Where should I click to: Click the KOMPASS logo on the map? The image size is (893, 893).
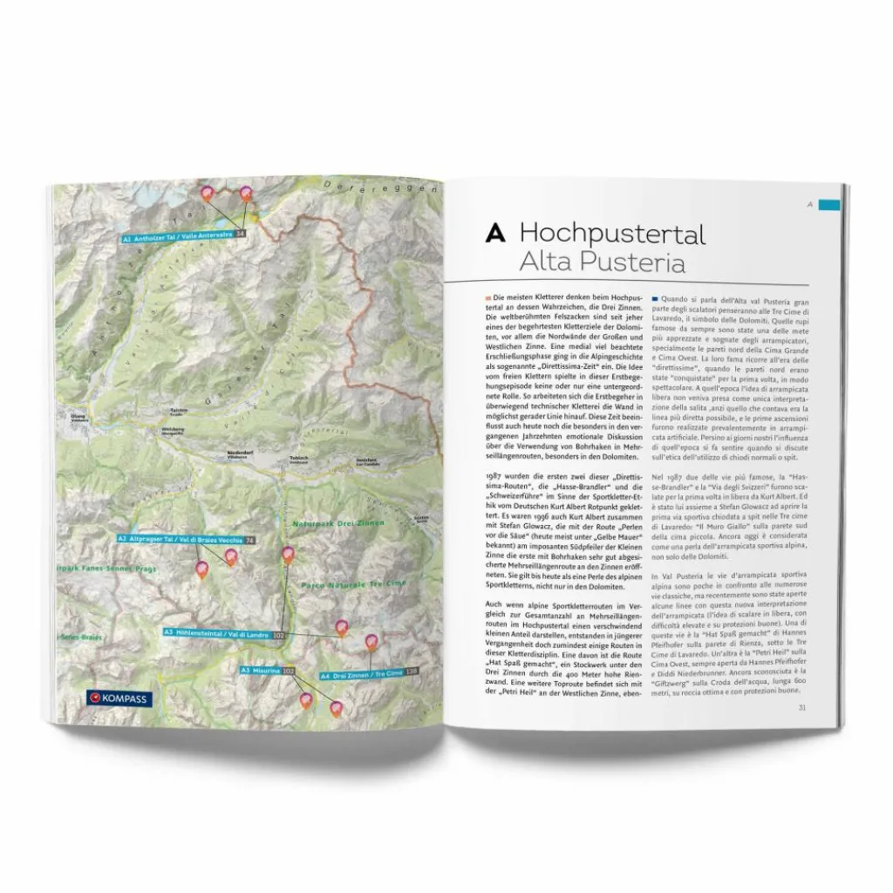pos(120,698)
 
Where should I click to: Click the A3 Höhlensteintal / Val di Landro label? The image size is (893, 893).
pos(218,632)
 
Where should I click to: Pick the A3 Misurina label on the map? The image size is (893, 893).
pos(262,670)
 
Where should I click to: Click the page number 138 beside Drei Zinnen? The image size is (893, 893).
pos(412,672)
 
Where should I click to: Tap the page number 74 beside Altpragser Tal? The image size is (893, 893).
pos(250,540)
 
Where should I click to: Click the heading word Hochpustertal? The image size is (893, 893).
pos(611,234)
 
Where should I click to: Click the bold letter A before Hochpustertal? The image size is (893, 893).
pos(495,234)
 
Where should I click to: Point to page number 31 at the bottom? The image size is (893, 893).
pos(801,707)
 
